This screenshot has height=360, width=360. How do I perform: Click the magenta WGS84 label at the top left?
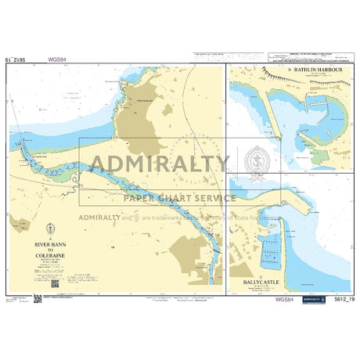tap(57, 58)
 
